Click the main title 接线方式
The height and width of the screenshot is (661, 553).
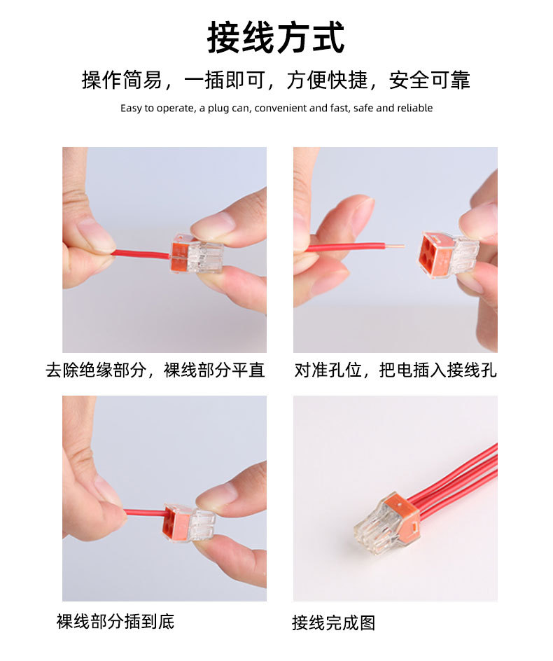click(x=276, y=39)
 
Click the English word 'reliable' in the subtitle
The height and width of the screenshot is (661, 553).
click(x=414, y=109)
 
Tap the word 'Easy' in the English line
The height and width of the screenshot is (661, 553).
click(x=131, y=109)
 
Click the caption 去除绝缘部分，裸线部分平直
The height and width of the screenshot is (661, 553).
click(x=155, y=370)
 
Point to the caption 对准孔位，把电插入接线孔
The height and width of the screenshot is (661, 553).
click(x=395, y=370)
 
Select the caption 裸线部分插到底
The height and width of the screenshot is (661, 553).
click(x=115, y=621)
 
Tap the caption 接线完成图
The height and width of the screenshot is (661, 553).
click(x=333, y=622)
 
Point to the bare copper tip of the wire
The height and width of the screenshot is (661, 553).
click(x=395, y=246)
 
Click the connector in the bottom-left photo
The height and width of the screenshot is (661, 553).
click(x=189, y=522)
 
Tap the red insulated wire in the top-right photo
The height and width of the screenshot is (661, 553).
click(x=346, y=247)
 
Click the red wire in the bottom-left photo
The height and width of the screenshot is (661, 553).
click(x=144, y=513)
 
